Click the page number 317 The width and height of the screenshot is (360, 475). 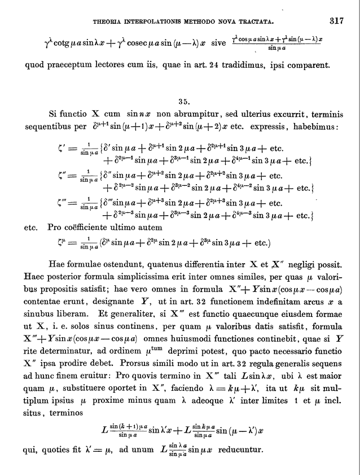click(x=336, y=22)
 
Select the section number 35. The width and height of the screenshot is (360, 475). click(x=183, y=102)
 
